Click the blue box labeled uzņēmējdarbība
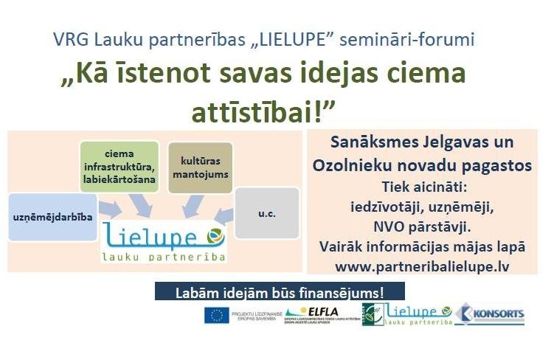tap(52, 218)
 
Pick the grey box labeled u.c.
tap(266, 213)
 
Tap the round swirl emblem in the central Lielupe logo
tap(214, 235)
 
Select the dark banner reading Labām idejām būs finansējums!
tap(280, 291)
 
